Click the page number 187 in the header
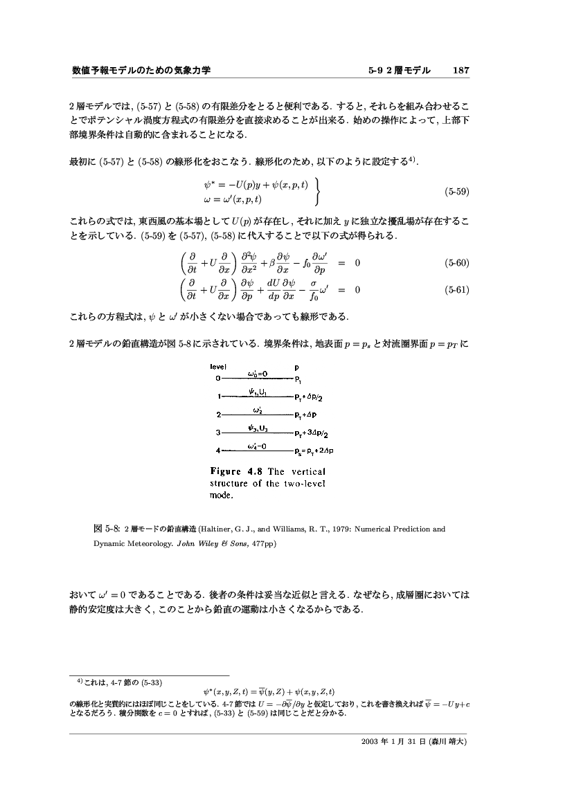(x=461, y=71)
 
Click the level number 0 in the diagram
(x=217, y=379)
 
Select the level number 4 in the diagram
(x=217, y=451)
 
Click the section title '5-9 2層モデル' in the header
(x=400, y=71)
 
